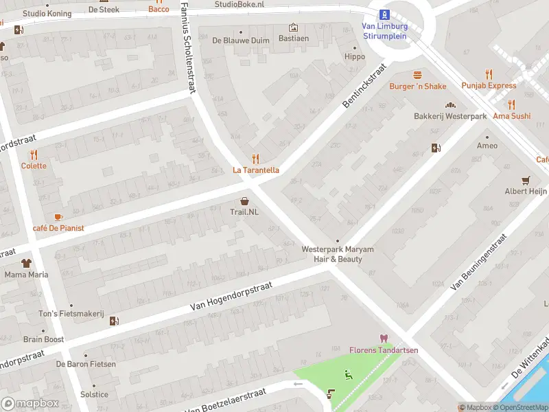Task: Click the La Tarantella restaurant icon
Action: pyautogui.click(x=255, y=159)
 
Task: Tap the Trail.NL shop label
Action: pyautogui.click(x=244, y=211)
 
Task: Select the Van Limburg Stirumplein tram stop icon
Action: pyautogui.click(x=385, y=14)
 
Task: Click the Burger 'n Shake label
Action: pyautogui.click(x=417, y=87)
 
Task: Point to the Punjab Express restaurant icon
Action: pyautogui.click(x=489, y=74)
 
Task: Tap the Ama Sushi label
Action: pyautogui.click(x=511, y=116)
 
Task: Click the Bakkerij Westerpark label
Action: pyautogui.click(x=449, y=116)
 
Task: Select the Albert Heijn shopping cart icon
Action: pyautogui.click(x=526, y=181)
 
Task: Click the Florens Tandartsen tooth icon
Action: pyautogui.click(x=383, y=339)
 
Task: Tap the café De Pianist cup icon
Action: pyautogui.click(x=58, y=216)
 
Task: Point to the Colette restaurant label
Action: pyautogui.click(x=34, y=165)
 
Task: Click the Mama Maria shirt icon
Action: pyautogui.click(x=26, y=263)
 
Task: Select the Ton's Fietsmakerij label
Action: pyautogui.click(x=71, y=314)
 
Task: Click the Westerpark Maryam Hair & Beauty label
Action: pyautogui.click(x=332, y=254)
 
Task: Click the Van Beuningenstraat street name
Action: pyautogui.click(x=478, y=261)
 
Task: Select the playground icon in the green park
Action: pyautogui.click(x=349, y=374)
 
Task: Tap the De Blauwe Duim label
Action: pyautogui.click(x=241, y=41)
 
